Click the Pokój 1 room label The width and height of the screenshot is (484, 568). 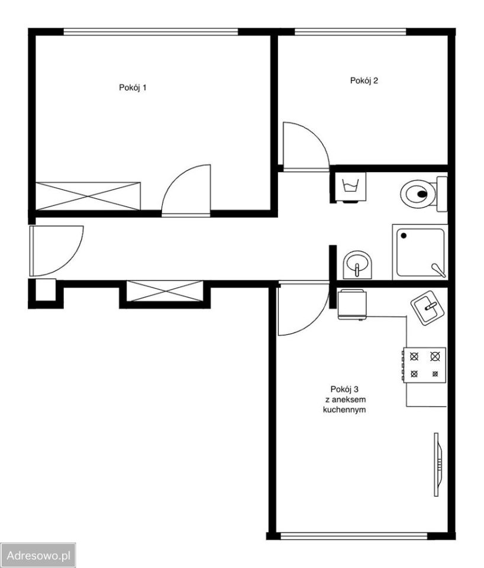click(x=133, y=88)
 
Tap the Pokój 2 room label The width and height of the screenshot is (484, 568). click(x=364, y=80)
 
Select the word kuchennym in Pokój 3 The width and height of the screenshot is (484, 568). click(x=344, y=410)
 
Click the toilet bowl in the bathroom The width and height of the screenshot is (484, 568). click(x=423, y=194)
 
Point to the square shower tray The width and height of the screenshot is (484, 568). click(x=420, y=252)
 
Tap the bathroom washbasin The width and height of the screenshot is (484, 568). click(x=357, y=265)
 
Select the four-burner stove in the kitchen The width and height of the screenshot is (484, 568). click(x=424, y=365)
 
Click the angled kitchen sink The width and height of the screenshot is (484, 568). click(x=428, y=308)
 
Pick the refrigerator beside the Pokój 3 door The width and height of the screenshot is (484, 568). click(x=352, y=304)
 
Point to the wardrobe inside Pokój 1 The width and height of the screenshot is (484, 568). click(x=88, y=196)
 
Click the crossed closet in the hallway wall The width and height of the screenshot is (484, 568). click(x=165, y=291)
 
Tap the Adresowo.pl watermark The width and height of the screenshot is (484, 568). click(x=38, y=556)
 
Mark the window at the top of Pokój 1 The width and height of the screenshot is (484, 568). click(x=151, y=32)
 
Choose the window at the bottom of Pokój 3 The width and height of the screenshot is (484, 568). click(x=354, y=536)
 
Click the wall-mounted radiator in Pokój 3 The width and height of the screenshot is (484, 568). click(x=438, y=464)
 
